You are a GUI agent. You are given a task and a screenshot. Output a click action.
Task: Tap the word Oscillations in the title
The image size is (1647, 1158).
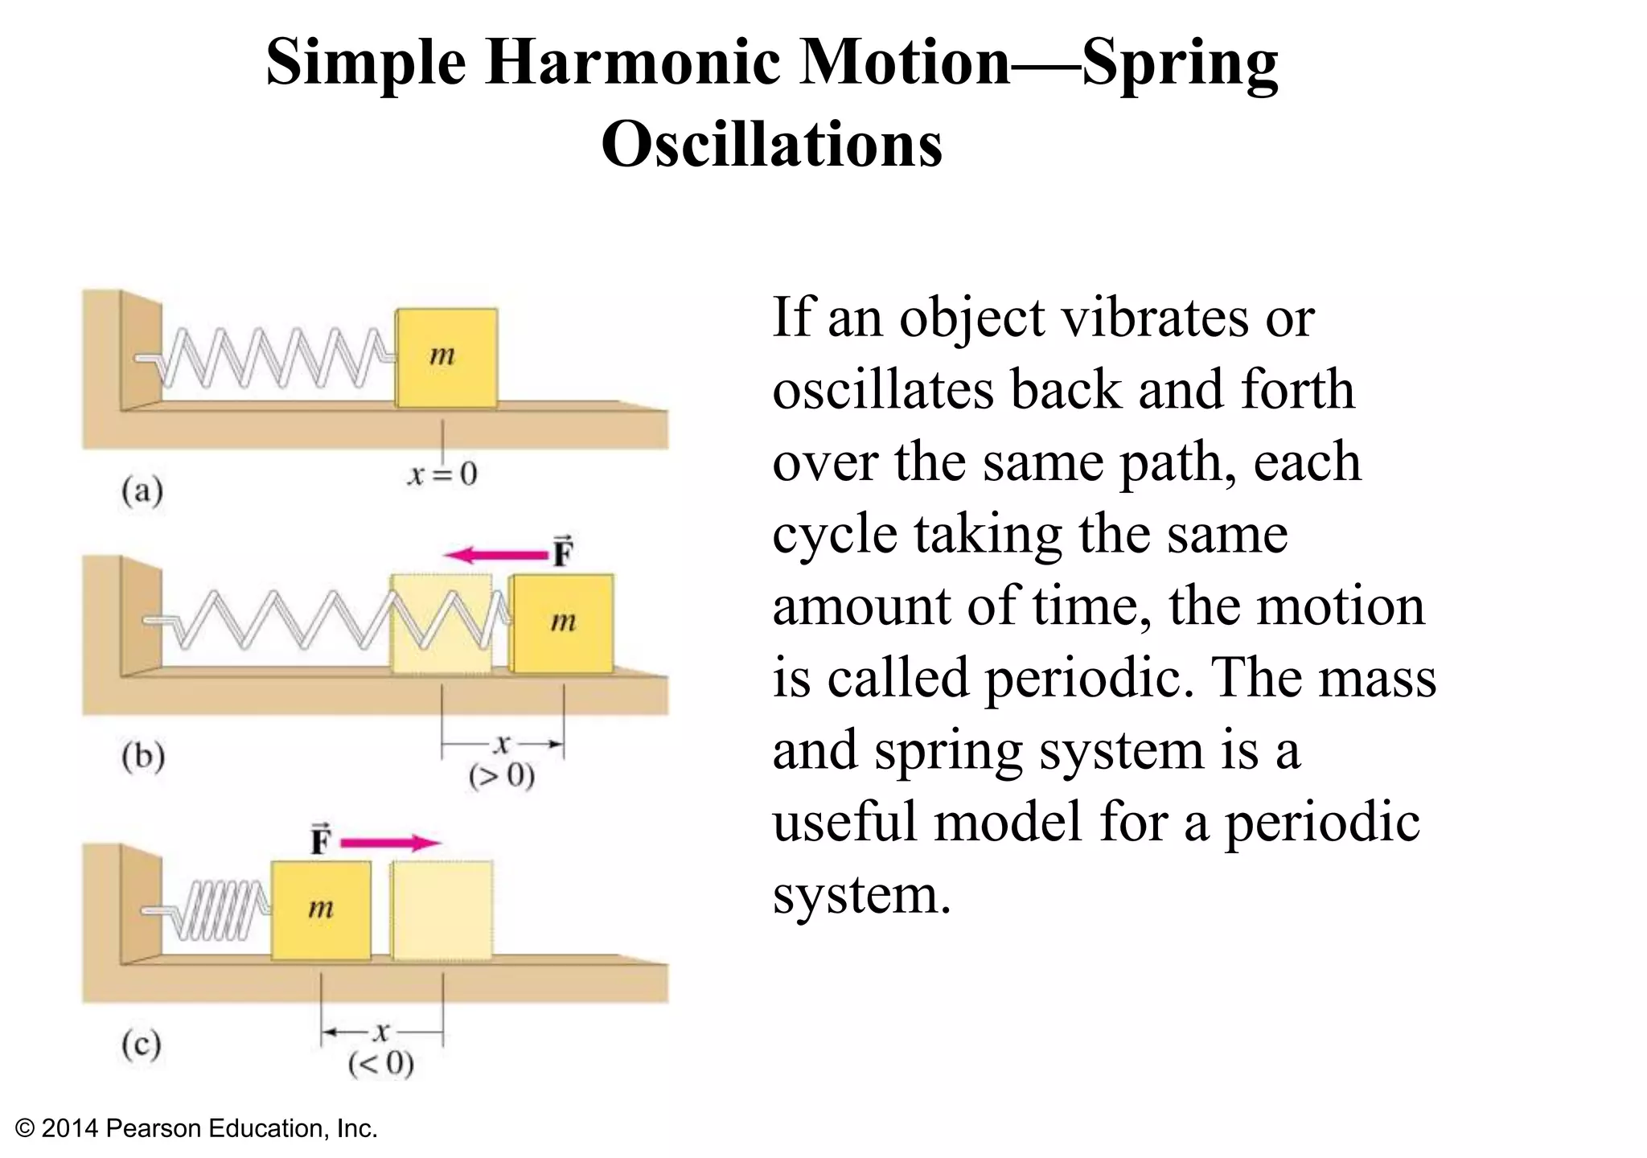coord(772,145)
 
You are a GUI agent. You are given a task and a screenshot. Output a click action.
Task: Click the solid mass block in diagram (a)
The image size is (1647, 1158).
coord(446,357)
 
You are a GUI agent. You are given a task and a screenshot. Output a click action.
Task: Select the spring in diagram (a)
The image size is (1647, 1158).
coord(273,357)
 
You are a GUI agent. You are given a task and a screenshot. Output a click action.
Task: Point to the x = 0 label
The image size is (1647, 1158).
coord(442,474)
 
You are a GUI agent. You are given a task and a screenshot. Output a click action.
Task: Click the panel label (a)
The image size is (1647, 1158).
coord(142,490)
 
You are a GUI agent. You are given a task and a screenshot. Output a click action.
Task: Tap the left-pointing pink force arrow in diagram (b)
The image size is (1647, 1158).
coord(495,554)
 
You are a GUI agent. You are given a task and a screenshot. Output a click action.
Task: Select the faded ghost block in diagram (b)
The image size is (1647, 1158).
coord(441,623)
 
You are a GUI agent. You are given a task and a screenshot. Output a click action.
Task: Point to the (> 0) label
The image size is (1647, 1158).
coord(502,776)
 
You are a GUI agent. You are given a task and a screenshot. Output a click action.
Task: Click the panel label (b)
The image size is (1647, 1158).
coord(143,756)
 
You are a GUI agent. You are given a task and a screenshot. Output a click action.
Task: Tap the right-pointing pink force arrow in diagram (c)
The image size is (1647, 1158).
coord(391,843)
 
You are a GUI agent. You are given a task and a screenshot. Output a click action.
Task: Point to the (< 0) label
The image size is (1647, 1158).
coord(381,1064)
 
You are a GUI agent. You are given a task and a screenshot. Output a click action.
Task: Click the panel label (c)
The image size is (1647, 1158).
coord(142,1045)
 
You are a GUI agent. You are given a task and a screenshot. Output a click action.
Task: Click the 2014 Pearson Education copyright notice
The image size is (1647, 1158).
coord(196,1128)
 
